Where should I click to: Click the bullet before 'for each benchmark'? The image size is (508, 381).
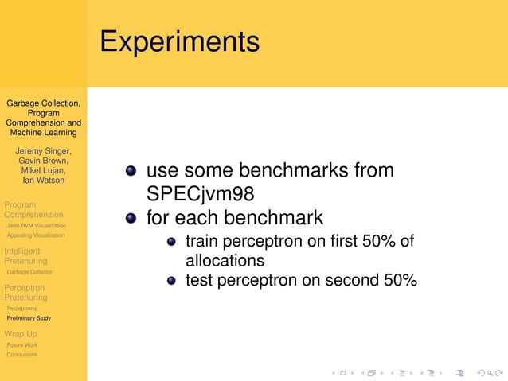tap(131, 217)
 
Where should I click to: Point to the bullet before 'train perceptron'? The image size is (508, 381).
tap(171, 242)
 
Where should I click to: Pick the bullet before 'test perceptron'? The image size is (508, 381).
tap(171, 280)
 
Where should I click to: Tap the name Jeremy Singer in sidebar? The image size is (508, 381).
tap(43, 151)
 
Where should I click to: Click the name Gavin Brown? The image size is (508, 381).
tap(43, 161)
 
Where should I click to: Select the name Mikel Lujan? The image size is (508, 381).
tap(43, 170)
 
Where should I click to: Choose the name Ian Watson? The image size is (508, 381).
tap(43, 180)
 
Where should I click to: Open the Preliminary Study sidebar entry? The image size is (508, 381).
tap(29, 318)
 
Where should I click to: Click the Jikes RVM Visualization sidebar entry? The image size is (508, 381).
tap(36, 226)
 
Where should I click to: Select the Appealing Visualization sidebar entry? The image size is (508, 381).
tap(36, 235)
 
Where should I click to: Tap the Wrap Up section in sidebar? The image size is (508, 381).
tap(21, 333)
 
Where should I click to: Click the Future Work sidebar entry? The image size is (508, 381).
tap(22, 345)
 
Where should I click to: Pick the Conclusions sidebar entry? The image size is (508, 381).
tap(22, 355)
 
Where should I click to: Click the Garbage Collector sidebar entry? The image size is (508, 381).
tap(29, 272)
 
